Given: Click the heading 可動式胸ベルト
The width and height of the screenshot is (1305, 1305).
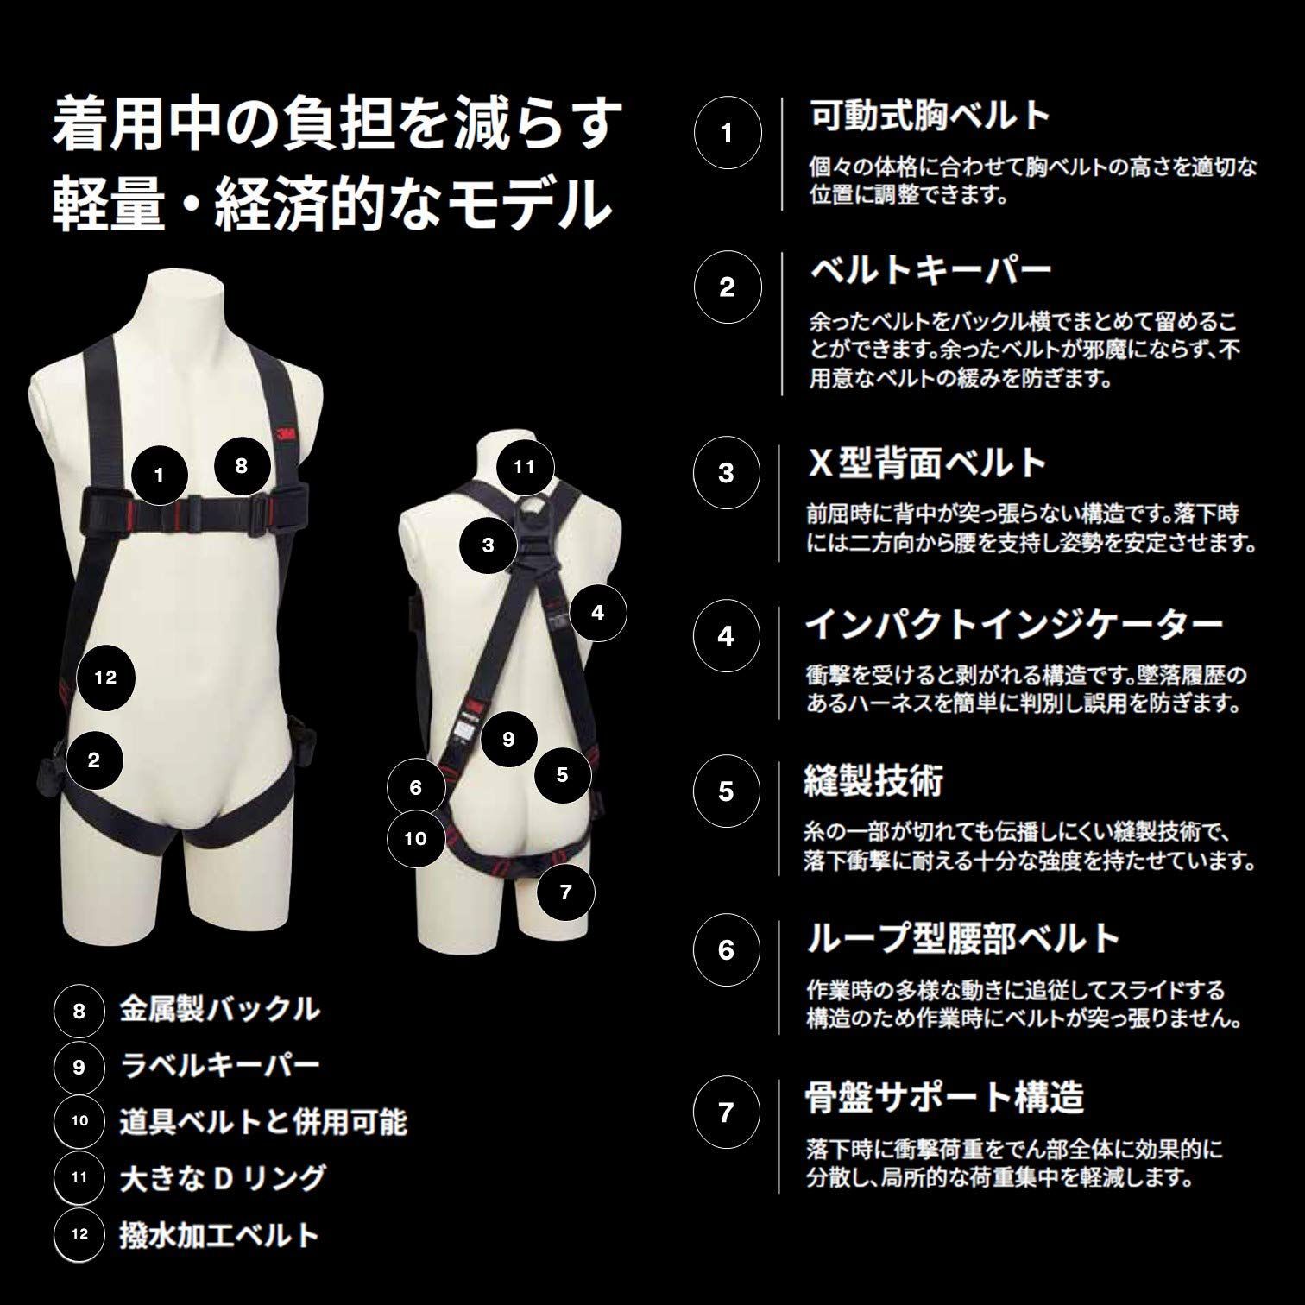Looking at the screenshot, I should [930, 116].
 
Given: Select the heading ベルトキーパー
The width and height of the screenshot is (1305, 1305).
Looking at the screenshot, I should [930, 270].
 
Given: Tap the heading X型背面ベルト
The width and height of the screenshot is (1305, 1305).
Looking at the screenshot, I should [926, 463].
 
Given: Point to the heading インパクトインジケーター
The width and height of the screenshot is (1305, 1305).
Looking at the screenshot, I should [1013, 624].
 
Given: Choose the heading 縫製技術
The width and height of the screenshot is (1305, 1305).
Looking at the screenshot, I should [873, 780].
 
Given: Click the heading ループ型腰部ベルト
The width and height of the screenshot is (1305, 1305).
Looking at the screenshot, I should [962, 938].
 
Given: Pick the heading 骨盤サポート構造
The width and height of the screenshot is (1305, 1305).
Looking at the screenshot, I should [943, 1097].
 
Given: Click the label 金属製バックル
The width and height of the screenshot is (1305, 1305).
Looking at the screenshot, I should [219, 1009].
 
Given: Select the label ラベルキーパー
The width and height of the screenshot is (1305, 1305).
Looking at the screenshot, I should [219, 1066].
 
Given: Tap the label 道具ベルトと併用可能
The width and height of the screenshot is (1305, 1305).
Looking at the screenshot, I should [263, 1121].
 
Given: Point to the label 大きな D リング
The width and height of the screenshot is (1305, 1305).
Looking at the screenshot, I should [223, 1177].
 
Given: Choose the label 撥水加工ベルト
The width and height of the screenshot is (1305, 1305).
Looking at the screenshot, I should [219, 1234].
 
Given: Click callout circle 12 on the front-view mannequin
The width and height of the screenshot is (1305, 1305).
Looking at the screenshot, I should [106, 678].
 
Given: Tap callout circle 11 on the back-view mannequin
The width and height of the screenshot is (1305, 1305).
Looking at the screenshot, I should [525, 467].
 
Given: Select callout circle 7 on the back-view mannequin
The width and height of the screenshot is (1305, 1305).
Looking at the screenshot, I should [566, 891].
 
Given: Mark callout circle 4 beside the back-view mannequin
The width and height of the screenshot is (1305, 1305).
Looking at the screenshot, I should [598, 613].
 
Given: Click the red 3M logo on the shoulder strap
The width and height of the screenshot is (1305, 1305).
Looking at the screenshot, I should [283, 436].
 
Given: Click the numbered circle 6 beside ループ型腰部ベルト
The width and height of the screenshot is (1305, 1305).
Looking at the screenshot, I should [727, 950].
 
